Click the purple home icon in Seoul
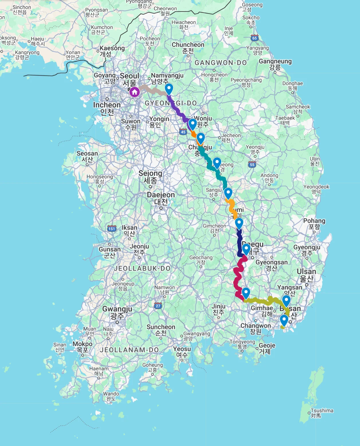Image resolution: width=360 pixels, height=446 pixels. [135, 92]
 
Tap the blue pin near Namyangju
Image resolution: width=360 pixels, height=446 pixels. [169, 89]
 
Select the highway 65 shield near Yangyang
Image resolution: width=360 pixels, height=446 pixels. [254, 38]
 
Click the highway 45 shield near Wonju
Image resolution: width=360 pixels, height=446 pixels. [183, 132]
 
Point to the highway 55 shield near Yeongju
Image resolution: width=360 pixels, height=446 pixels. [252, 165]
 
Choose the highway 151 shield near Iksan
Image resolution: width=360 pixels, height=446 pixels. [112, 228]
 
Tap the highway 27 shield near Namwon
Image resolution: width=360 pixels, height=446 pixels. [158, 306]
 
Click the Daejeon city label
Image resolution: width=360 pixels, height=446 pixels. [161, 198]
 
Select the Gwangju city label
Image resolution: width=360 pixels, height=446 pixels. [117, 312]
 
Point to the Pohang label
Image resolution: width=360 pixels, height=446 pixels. [314, 224]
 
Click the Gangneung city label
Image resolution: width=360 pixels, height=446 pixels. [275, 64]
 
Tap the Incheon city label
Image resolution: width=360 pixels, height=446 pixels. [107, 108]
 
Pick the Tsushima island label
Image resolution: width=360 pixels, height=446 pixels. [322, 413]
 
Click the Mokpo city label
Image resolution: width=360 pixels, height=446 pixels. [82, 346]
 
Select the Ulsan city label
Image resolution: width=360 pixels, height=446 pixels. [306, 275]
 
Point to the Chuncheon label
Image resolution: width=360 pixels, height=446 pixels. [188, 48]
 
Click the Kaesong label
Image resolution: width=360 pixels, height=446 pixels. [112, 51]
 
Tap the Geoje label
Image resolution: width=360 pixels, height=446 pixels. [267, 348]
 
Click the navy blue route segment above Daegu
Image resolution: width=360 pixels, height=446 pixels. [240, 241]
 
